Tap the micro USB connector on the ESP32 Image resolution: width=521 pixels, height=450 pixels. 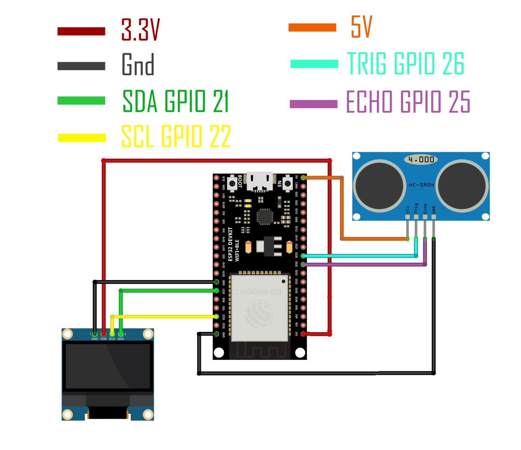click(260, 181)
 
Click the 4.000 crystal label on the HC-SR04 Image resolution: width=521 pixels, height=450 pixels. click(421, 160)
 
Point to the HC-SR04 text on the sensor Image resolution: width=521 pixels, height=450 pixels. click(421, 185)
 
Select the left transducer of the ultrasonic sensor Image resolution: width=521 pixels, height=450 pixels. click(379, 186)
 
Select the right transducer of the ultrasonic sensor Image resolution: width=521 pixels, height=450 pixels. click(462, 186)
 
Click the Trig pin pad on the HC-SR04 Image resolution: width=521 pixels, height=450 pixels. click(416, 217)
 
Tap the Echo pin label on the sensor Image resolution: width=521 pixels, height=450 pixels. click(425, 208)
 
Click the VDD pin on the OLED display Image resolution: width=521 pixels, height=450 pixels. click(104, 334)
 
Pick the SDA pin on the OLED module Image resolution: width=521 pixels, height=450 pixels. click(121, 334)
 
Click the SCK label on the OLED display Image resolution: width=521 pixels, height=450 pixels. click(112, 339)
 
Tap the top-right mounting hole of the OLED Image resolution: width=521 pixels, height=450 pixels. click(148, 334)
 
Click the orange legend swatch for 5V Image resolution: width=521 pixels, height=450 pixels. click(312, 27)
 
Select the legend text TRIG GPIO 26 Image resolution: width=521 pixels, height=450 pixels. click(406, 64)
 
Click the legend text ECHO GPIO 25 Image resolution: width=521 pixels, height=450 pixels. click(408, 102)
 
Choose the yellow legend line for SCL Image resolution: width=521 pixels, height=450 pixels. click(82, 138)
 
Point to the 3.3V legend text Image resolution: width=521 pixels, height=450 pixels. click(140, 30)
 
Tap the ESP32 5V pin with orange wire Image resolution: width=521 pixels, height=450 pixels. click(303, 178)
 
